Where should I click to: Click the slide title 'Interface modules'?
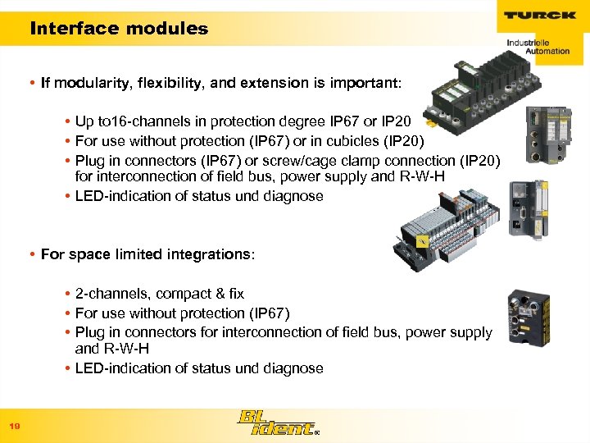[x=119, y=29]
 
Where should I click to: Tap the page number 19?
[x=14, y=427]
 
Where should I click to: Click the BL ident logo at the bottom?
[x=274, y=423]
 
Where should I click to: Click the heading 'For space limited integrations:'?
[x=147, y=254]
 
